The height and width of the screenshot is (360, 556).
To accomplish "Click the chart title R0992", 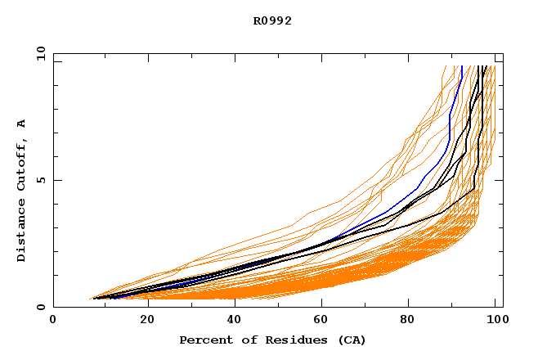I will [x=272, y=20].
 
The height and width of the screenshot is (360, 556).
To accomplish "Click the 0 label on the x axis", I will [x=53, y=320].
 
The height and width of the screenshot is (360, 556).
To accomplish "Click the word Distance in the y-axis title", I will [x=22, y=232].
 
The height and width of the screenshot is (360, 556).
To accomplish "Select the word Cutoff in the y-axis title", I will [x=22, y=166].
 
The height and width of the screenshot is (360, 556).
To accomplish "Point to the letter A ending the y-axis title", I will [x=22, y=123].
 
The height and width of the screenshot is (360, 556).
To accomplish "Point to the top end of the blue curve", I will [x=462, y=66].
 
